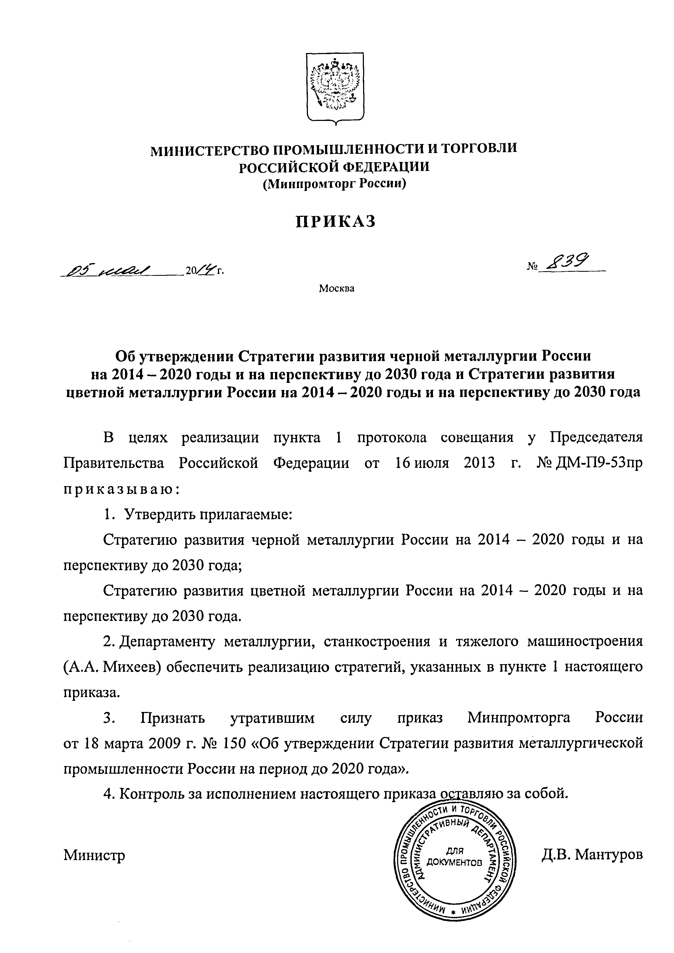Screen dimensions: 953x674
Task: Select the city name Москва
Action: tap(336, 288)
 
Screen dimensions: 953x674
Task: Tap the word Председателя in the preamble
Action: tap(596, 438)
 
